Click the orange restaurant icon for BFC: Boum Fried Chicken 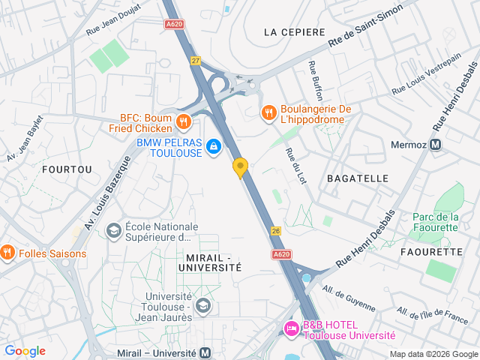click(x=183, y=121)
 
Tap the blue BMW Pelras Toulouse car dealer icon click(x=214, y=146)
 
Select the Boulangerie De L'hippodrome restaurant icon click(x=268, y=113)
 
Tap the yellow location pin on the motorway click(x=240, y=167)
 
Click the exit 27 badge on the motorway click(x=196, y=61)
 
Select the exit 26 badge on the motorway click(x=276, y=231)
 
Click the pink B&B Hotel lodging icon click(x=291, y=328)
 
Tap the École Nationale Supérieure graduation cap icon click(x=114, y=229)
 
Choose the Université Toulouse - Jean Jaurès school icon click(x=202, y=305)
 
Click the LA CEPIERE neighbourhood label click(x=295, y=32)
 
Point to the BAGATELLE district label click(x=358, y=178)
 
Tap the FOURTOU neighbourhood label click(x=67, y=169)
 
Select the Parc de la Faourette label click(x=435, y=222)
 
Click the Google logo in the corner click(x=25, y=351)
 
